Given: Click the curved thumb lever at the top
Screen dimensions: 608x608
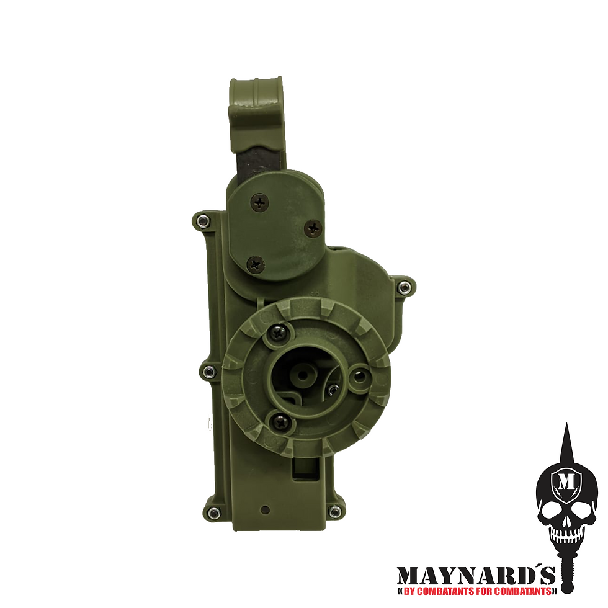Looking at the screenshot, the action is point(256,112).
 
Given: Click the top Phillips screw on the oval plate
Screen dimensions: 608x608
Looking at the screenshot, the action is point(259,202).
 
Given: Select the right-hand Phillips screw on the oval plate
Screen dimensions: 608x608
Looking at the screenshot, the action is point(313,228).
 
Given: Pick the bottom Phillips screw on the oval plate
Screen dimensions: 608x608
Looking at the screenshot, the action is point(256,266).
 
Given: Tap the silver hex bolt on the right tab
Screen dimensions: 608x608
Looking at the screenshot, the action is point(404,287).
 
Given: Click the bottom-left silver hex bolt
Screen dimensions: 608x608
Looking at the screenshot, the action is point(213,512).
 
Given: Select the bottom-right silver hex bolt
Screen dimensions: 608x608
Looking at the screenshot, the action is point(334,512).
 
